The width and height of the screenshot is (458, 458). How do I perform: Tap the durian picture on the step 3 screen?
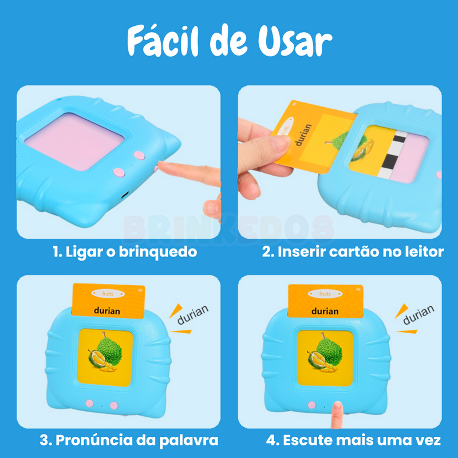pyautogui.click(x=105, y=356)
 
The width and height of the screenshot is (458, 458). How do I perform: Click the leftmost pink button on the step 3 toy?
pyautogui.click(x=90, y=404)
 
